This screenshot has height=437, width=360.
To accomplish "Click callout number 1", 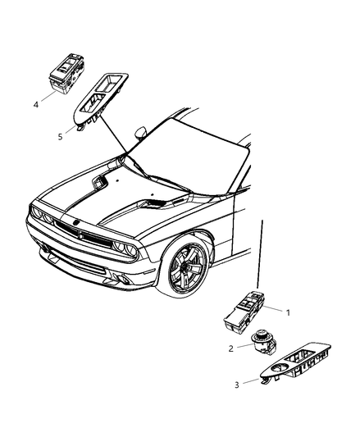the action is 288,312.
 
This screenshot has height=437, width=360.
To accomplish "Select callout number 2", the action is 230,348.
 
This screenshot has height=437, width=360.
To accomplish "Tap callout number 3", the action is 237,385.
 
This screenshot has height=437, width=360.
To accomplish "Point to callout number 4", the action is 36,105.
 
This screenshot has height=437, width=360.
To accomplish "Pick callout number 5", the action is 60,137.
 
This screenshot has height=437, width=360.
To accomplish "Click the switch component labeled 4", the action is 66,73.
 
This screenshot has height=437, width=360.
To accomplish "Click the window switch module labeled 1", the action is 245,312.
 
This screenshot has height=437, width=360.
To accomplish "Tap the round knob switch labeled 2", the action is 263,342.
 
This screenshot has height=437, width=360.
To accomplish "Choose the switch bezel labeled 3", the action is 295,363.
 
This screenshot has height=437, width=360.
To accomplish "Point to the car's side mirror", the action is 140,132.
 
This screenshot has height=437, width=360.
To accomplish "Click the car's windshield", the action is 189,156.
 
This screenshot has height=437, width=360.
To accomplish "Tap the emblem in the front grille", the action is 75,223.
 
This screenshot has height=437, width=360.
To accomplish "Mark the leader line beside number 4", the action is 49,96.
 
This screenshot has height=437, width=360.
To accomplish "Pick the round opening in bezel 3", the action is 280,368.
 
